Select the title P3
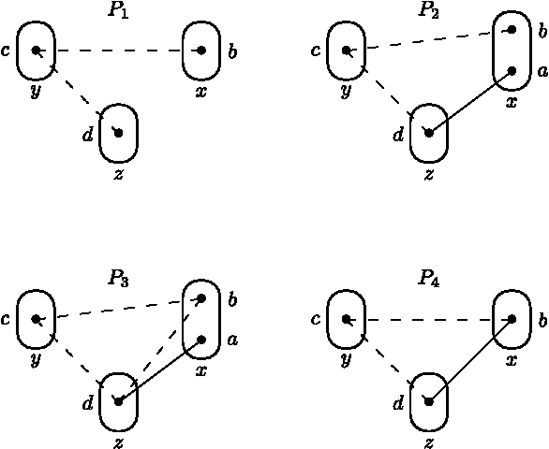[119, 278]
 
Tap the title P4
[429, 278]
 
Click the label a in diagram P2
[542, 71]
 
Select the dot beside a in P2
[512, 70]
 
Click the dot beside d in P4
[429, 400]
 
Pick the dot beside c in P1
[36, 50]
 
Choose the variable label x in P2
[511, 102]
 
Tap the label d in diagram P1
[87, 134]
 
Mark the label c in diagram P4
[316, 319]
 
